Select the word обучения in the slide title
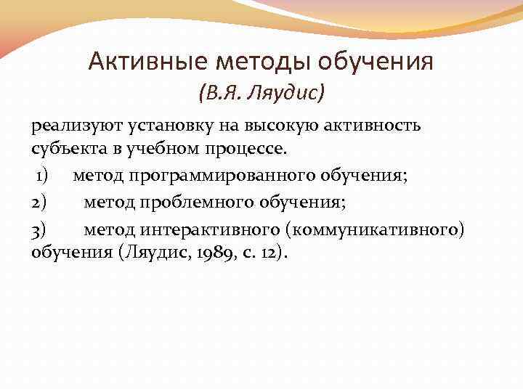click(x=376, y=61)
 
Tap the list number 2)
click(x=39, y=202)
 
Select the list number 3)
click(x=39, y=229)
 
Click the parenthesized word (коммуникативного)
click(x=375, y=229)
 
